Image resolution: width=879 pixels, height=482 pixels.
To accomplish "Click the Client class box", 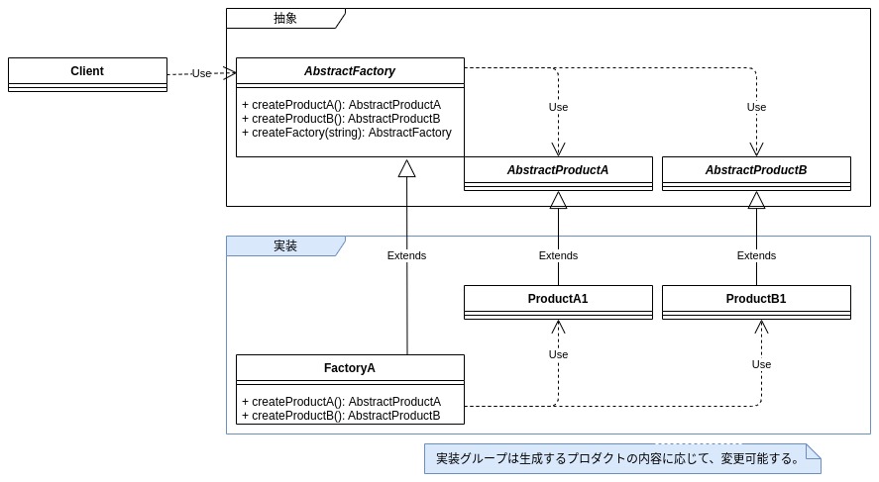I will tap(87, 72).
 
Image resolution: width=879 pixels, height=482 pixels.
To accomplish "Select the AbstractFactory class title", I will tap(350, 71).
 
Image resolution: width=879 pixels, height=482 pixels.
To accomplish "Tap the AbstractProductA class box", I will tap(558, 171).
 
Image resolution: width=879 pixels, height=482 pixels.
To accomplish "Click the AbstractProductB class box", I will tap(756, 171).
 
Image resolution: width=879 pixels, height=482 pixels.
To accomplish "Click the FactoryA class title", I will tap(350, 368).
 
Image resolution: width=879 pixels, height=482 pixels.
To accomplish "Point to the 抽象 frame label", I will tap(285, 18).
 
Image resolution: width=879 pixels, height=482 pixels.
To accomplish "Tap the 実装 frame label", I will tap(285, 245).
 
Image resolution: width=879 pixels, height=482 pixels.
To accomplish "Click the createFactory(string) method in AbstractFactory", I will tap(346, 133).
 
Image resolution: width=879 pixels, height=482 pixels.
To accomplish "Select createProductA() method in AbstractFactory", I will tap(341, 105).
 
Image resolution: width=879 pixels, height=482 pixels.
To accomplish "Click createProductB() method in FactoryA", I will tap(341, 416).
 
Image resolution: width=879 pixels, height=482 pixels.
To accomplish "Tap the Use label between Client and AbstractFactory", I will tap(201, 73).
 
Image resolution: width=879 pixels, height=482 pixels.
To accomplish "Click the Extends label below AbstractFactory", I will tap(406, 255).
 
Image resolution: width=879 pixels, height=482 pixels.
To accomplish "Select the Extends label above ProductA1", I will tap(558, 255).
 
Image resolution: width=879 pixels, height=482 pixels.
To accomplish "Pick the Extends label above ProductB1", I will tap(756, 255).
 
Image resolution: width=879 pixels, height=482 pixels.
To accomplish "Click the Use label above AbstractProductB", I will tap(756, 107).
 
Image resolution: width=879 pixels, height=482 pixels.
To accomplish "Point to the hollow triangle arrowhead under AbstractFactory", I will tap(406, 168).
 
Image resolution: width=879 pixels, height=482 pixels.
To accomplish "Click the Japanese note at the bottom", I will tap(617, 458).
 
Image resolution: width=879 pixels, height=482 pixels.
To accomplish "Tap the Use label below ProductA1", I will tap(558, 354).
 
